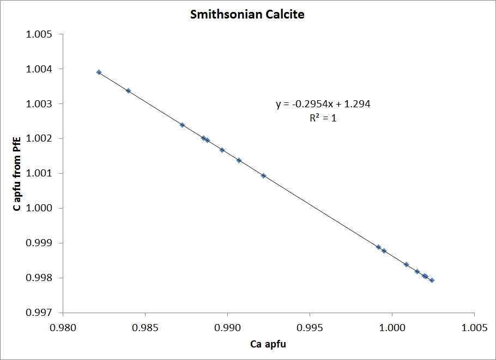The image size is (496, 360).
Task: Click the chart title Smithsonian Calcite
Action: click(247, 15)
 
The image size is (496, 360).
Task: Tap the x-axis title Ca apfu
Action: click(268, 344)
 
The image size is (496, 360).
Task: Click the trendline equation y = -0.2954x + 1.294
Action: click(323, 104)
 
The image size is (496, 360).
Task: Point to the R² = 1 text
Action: click(323, 117)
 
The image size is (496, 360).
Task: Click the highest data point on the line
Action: click(99, 72)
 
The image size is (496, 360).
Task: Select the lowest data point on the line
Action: click(432, 280)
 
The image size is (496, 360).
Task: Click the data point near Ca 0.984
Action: click(128, 90)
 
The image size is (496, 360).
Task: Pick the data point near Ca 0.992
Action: click(263, 175)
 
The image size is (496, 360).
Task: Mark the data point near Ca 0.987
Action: click(183, 125)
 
